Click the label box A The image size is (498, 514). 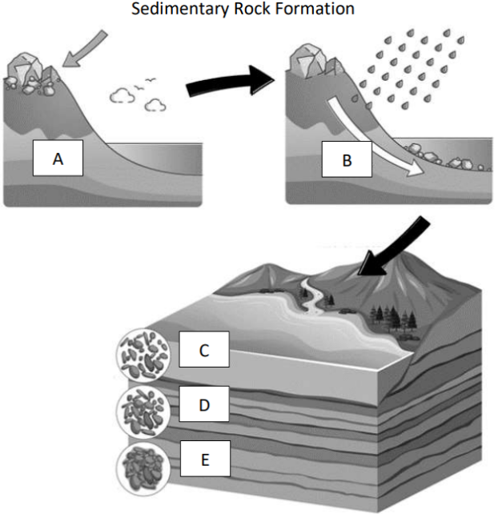58,160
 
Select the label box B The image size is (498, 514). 347,160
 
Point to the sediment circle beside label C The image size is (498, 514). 143,353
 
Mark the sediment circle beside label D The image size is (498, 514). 143,409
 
